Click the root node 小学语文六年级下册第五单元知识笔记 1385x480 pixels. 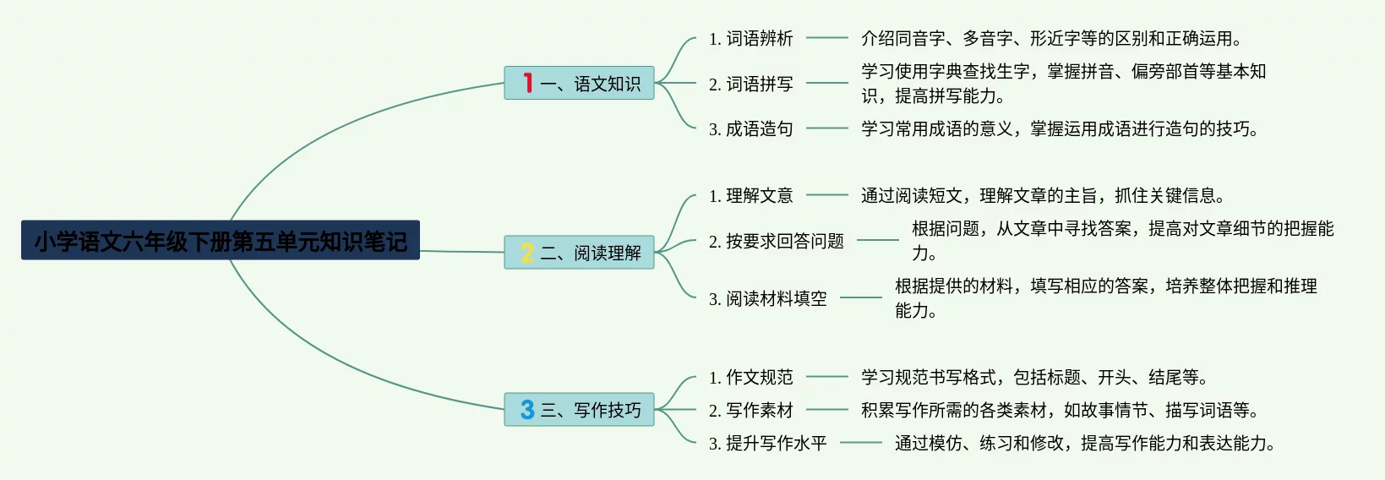tap(220, 241)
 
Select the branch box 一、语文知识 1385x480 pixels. tap(579, 83)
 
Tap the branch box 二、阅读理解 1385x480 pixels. tap(579, 252)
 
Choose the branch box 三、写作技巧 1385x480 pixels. tap(579, 409)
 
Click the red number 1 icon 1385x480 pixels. tap(527, 83)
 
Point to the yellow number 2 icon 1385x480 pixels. tap(527, 252)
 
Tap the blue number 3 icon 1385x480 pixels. tap(527, 409)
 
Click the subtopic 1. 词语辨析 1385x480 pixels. tap(750, 38)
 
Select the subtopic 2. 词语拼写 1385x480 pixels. tap(750, 84)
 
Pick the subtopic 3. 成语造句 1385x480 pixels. tap(750, 128)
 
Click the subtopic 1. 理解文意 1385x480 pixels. tap(750, 195)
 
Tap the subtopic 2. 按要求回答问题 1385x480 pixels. tap(776, 241)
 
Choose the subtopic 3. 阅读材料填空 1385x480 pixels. tap(767, 298)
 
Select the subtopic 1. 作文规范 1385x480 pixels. tap(750, 377)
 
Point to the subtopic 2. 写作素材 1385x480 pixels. tap(750, 410)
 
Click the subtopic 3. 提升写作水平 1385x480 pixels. tap(767, 443)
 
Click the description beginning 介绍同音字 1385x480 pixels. tap(1051, 38)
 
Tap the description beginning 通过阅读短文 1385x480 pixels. tap(1043, 195)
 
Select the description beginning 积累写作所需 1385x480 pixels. tap(1060, 410)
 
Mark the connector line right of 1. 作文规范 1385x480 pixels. tap(826, 377)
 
